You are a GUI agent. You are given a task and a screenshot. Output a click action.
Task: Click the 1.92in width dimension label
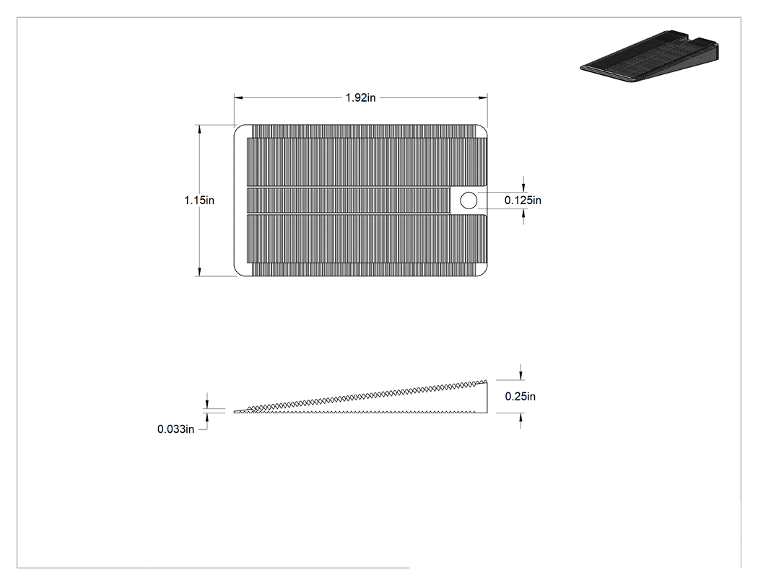(360, 97)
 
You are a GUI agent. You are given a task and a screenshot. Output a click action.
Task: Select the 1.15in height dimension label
(199, 200)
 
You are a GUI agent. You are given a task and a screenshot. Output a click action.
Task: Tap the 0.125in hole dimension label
(523, 200)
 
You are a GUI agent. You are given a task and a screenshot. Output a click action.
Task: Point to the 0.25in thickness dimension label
(520, 397)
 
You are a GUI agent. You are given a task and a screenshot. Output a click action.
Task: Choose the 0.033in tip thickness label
(175, 429)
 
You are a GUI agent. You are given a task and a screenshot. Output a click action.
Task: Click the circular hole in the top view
(468, 200)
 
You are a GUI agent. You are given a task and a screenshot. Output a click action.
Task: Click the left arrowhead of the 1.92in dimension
(238, 97)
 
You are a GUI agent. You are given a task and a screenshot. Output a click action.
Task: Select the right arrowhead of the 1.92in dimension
(483, 97)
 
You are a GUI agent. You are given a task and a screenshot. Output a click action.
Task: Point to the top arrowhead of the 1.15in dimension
(199, 129)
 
